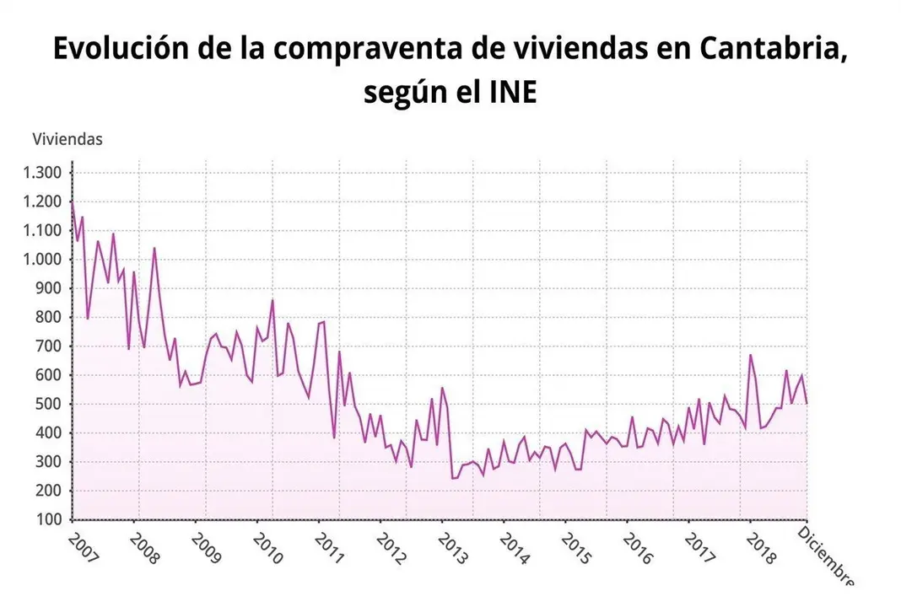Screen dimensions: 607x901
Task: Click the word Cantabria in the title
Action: (x=769, y=49)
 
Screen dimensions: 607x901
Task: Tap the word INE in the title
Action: (x=512, y=92)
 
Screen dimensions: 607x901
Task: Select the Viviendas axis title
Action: (x=67, y=139)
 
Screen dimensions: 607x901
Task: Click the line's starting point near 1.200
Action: (x=73, y=202)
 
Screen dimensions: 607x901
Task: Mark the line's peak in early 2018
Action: (x=750, y=355)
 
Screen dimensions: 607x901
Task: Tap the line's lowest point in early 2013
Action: (x=452, y=478)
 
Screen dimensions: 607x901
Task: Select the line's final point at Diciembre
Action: (x=807, y=403)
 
